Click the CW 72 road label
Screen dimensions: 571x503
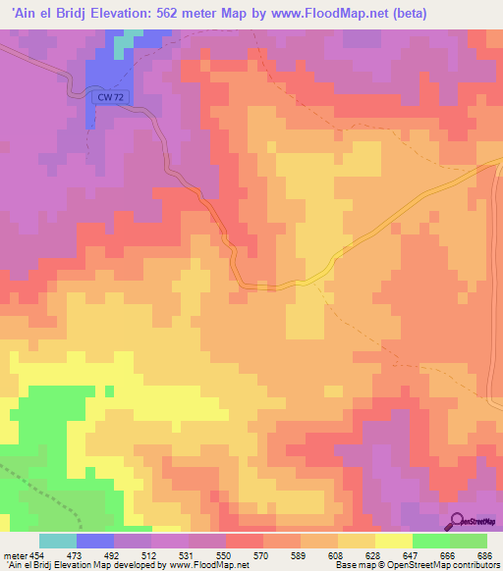(111, 97)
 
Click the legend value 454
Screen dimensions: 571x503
(35, 554)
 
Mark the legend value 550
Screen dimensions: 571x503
(225, 554)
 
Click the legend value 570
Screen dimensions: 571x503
(262, 554)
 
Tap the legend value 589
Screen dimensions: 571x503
(300, 554)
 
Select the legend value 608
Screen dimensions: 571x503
(337, 554)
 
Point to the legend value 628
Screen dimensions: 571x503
(374, 554)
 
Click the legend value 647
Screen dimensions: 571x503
(412, 554)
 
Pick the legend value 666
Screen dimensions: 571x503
(449, 554)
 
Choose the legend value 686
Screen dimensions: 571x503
(485, 554)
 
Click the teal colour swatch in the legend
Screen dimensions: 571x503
(58, 541)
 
